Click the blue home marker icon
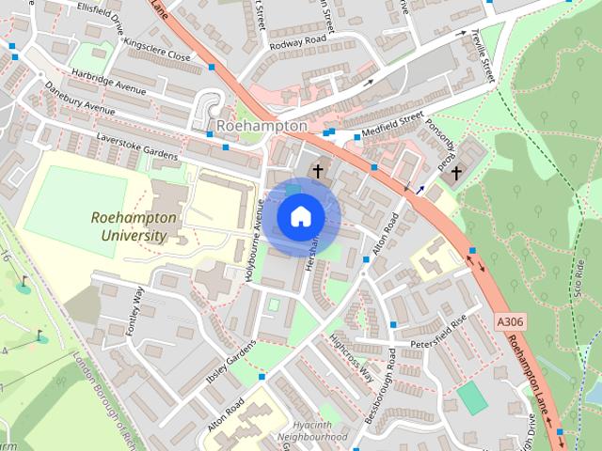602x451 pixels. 300,216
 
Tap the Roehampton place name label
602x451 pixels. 261,125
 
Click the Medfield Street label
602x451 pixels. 395,121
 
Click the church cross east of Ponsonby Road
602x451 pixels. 456,173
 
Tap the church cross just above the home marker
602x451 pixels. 318,171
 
